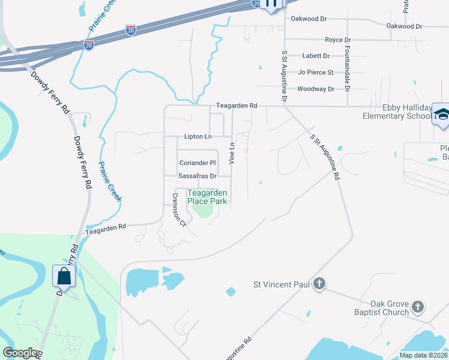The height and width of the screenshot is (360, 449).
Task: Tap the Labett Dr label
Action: [x=316, y=56]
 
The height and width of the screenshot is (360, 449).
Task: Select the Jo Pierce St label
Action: [x=316, y=73]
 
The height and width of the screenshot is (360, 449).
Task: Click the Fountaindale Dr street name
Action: [x=348, y=64]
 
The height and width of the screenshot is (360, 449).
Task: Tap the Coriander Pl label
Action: [x=197, y=163]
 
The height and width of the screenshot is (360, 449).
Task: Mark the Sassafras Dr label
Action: [x=197, y=176]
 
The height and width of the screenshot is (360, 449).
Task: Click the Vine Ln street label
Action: [x=231, y=153]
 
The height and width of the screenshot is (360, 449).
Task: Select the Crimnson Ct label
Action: [x=179, y=209]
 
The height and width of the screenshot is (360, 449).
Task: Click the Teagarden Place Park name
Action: [x=207, y=197]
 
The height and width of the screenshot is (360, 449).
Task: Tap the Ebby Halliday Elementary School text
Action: [x=397, y=112]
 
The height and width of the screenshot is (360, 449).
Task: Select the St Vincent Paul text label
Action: [x=281, y=284]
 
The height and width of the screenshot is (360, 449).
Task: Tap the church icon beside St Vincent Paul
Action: [x=320, y=283]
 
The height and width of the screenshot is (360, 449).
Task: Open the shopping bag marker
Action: [x=64, y=277]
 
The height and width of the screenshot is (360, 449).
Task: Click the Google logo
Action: [x=20, y=353]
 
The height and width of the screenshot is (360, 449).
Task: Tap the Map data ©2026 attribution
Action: [x=423, y=355]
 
